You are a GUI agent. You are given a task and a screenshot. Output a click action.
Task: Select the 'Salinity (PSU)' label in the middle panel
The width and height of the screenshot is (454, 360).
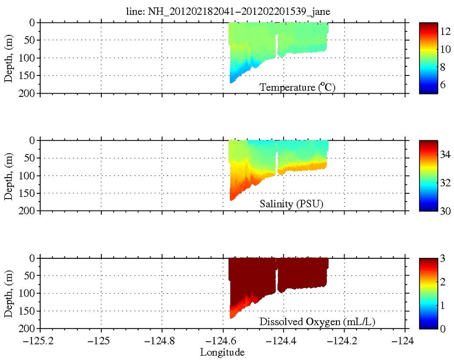[x=292, y=204]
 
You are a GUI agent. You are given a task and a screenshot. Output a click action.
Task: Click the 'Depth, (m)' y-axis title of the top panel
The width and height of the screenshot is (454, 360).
[x=8, y=58]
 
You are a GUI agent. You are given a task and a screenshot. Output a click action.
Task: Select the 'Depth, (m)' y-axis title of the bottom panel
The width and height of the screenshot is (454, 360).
[x=8, y=294]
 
